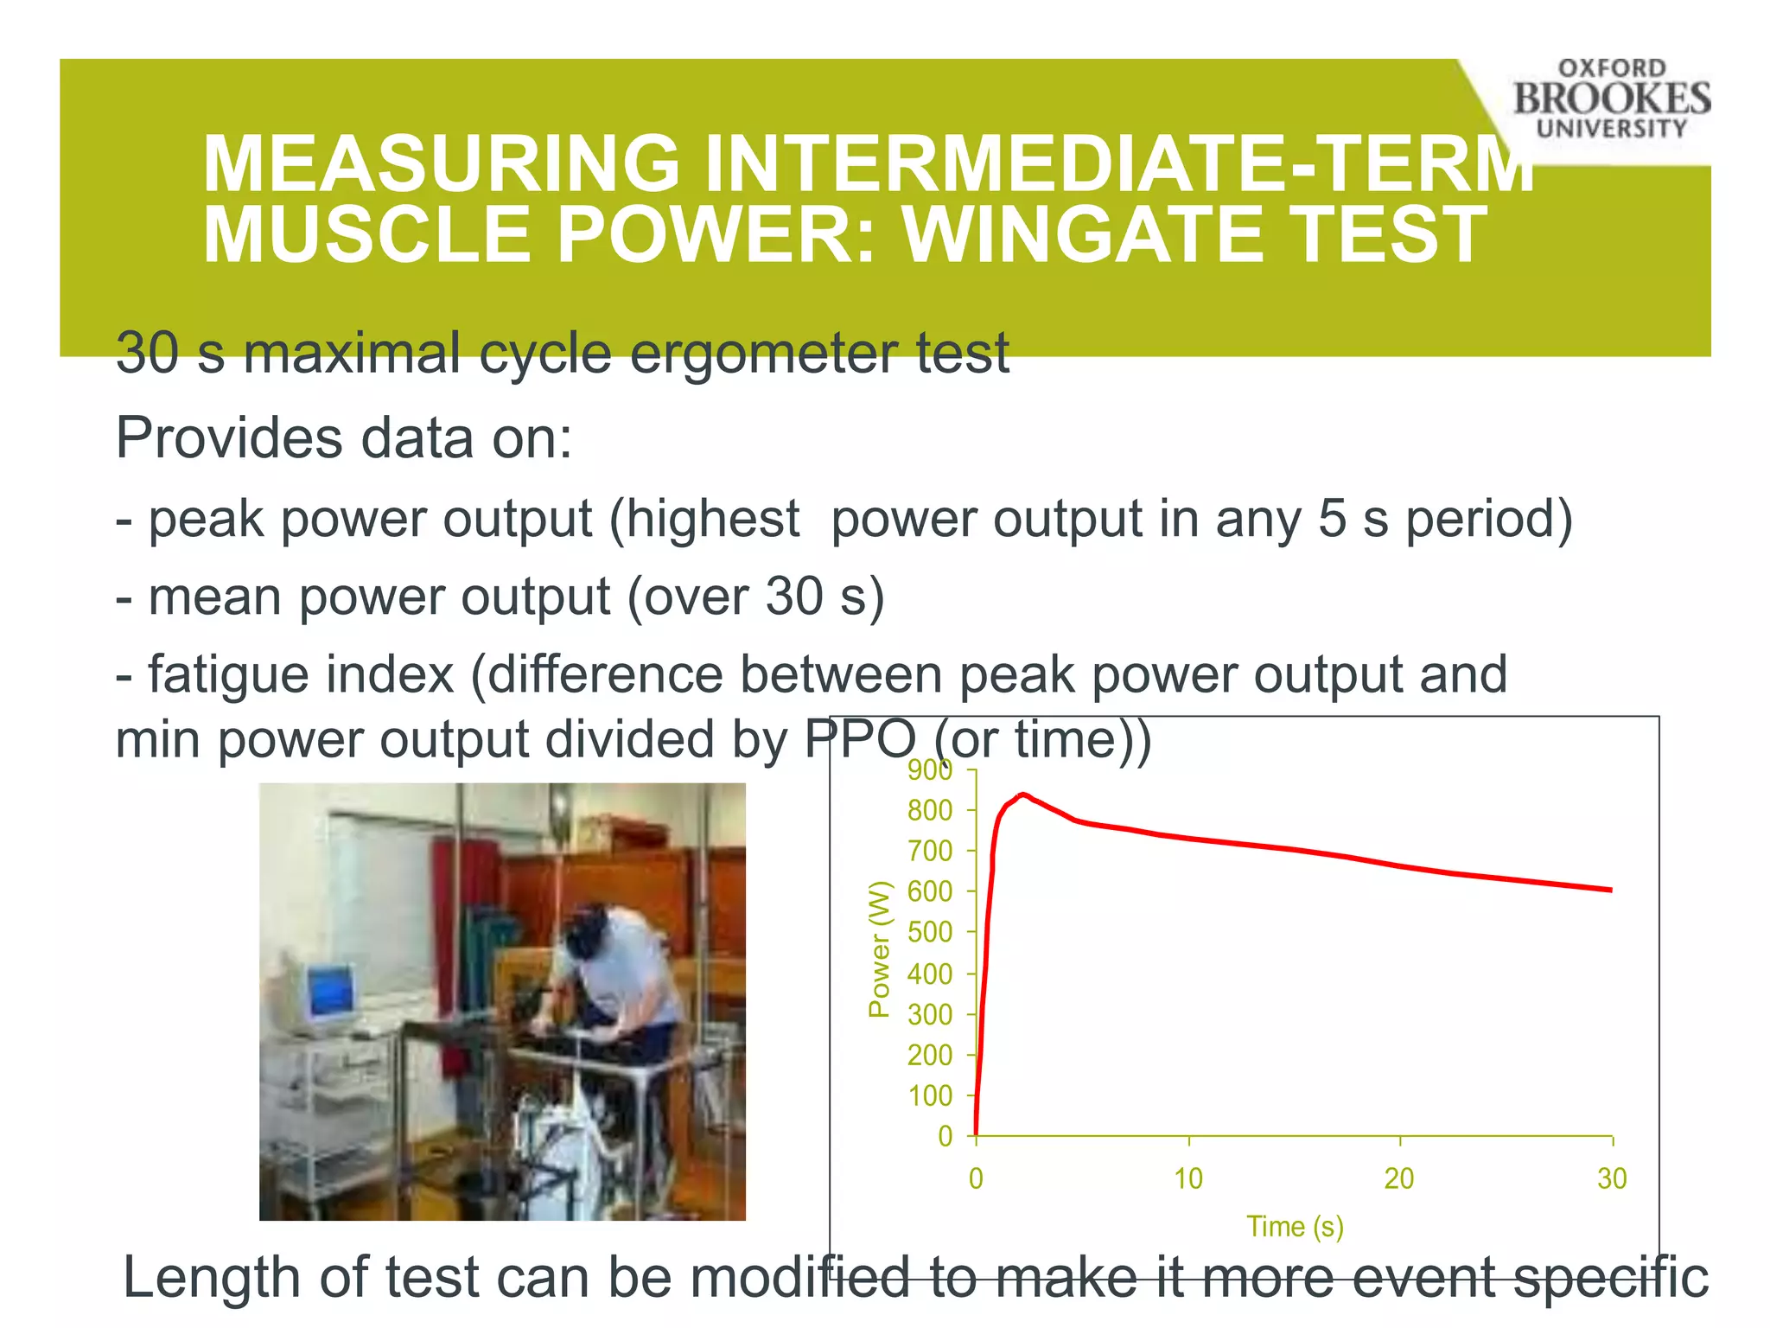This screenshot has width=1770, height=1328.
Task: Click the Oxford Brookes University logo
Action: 1611,99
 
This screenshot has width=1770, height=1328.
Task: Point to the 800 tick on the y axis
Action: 930,811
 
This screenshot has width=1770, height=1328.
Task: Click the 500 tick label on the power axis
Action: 930,933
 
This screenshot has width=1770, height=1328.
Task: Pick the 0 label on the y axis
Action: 945,1136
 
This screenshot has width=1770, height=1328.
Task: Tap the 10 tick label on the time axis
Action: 1188,1179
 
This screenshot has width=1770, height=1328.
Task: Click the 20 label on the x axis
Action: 1399,1179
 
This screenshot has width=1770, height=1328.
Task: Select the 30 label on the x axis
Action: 1612,1179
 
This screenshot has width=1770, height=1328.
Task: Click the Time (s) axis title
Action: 1295,1227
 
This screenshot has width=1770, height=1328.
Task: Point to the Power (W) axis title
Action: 879,949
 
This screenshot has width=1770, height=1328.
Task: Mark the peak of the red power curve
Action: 1023,794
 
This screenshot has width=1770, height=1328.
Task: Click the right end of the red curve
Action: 1610,890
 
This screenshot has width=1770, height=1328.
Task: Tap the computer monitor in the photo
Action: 329,994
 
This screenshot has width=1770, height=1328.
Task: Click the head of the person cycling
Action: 588,934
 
